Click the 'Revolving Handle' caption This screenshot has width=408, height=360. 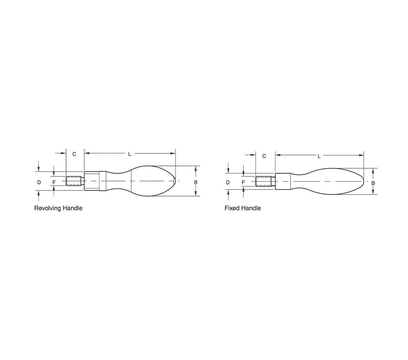(x=58, y=208)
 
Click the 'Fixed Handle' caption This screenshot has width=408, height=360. (x=242, y=208)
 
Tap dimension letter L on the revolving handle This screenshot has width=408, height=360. (x=130, y=154)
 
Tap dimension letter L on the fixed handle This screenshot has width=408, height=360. (x=319, y=156)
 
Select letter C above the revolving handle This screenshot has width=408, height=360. (x=74, y=154)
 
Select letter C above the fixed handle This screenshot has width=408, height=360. (x=264, y=156)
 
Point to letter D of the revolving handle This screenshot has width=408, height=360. (x=39, y=182)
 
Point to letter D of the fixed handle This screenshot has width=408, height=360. (x=228, y=182)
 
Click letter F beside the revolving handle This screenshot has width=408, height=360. (x=54, y=182)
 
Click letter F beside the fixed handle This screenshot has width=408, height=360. (x=243, y=182)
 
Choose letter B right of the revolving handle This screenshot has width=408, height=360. (x=195, y=182)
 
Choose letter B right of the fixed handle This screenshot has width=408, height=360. (x=373, y=183)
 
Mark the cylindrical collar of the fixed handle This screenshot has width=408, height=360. (x=283, y=181)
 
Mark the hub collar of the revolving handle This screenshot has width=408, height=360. (x=92, y=181)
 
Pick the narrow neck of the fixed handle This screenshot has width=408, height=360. (x=301, y=181)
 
